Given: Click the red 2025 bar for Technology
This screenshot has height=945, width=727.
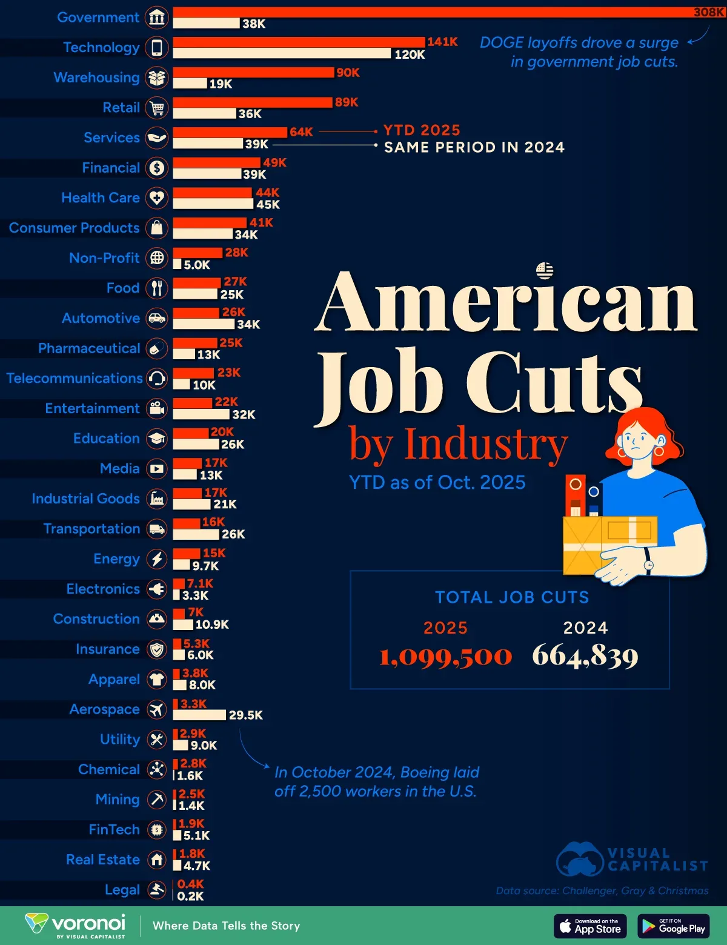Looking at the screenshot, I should tap(299, 42).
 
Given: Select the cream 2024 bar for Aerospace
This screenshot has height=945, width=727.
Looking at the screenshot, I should tap(199, 715).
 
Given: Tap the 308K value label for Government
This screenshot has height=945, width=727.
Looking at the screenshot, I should tap(708, 12).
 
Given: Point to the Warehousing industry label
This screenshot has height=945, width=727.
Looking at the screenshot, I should tap(97, 78).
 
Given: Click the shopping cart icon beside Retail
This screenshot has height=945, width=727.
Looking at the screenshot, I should tap(157, 108).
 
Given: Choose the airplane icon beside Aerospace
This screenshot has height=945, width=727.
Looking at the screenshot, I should tap(157, 709).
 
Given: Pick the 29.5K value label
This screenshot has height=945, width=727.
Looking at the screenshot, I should tap(245, 715).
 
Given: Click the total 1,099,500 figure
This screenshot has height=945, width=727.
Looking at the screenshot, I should tap(446, 656).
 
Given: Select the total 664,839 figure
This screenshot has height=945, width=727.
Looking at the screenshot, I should tap(585, 656).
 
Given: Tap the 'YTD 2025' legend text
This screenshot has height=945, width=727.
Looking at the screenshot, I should tap(422, 130).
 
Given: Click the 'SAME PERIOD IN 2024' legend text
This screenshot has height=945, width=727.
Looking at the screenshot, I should tap(474, 147).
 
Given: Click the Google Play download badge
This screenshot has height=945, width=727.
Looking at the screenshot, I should tap(673, 926).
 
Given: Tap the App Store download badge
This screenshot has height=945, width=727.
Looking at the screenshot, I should tap(589, 926).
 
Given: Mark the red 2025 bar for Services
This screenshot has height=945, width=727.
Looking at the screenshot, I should tap(230, 132).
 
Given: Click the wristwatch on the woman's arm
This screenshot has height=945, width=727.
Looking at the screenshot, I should tap(648, 565).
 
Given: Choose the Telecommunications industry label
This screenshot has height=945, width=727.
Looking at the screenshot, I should tap(75, 378).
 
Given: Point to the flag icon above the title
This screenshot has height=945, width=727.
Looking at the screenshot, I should tap(545, 270).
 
